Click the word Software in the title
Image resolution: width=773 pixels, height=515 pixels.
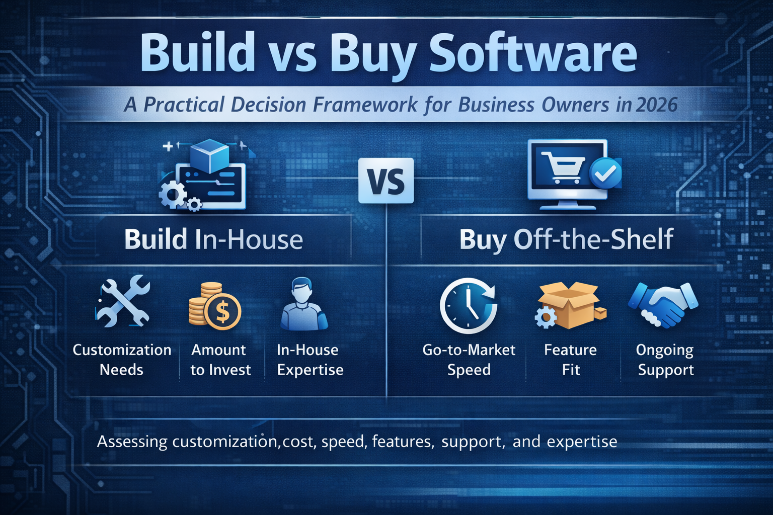[x=532, y=53]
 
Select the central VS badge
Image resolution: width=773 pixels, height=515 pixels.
[x=386, y=181]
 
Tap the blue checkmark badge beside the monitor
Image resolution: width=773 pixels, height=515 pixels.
[x=605, y=173]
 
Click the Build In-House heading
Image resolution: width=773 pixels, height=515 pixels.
[x=213, y=239]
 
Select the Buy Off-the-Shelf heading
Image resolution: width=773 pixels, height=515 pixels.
[x=566, y=239]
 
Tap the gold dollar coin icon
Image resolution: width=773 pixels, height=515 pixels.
[x=221, y=312]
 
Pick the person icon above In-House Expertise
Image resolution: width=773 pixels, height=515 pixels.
[x=303, y=304]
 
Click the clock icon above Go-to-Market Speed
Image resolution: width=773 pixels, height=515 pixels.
[x=468, y=305]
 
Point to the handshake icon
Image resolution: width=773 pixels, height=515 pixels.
[x=663, y=304]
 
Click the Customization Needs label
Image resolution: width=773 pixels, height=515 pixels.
[x=122, y=360]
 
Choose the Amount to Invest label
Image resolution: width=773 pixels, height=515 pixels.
[x=220, y=360]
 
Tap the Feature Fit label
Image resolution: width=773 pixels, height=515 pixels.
[x=570, y=360]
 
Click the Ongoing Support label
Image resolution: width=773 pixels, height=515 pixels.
[x=665, y=360]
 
